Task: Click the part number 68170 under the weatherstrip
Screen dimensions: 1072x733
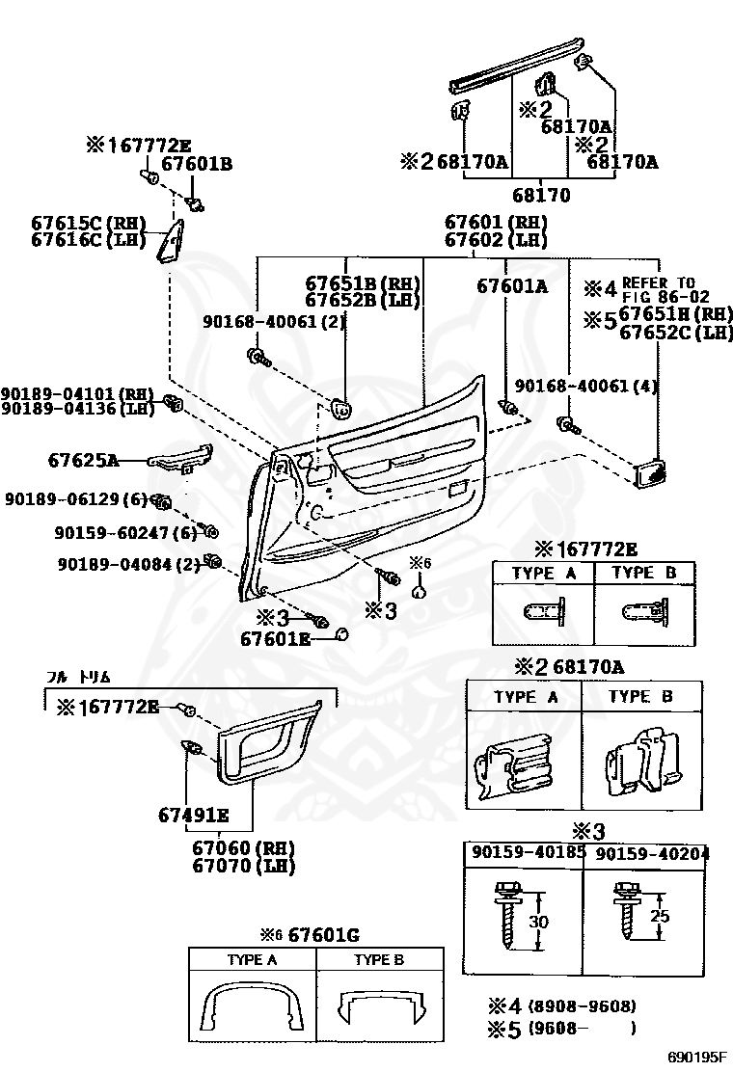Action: click(541, 196)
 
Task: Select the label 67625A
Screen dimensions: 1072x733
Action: click(83, 461)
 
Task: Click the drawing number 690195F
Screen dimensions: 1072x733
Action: click(699, 1057)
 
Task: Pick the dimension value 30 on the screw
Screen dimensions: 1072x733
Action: click(539, 922)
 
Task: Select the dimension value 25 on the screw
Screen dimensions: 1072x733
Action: click(659, 916)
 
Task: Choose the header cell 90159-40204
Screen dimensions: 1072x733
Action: click(652, 853)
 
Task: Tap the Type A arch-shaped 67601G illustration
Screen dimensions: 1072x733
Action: click(252, 1008)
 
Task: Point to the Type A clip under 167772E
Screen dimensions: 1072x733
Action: click(543, 612)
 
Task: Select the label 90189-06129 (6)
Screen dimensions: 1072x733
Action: click(75, 498)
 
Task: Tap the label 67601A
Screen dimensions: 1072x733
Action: click(512, 285)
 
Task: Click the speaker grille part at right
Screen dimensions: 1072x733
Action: click(651, 473)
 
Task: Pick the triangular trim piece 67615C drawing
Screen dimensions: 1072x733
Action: click(171, 240)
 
